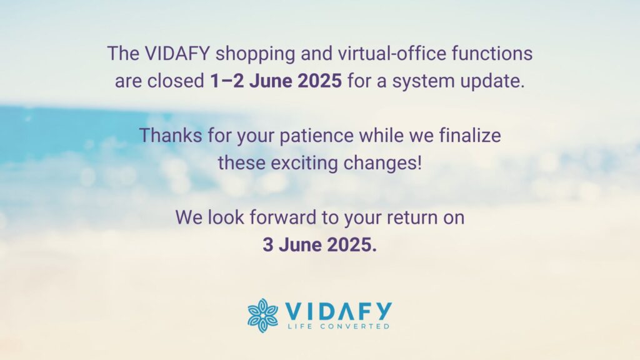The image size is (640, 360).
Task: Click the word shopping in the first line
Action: point(255,54)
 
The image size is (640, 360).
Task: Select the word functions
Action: point(492,54)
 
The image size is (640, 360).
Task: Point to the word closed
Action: point(176,81)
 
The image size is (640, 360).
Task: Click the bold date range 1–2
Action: point(227,81)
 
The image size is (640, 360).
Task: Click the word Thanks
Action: point(171,135)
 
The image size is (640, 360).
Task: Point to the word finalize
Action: point(470,135)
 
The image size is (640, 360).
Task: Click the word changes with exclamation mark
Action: point(382,163)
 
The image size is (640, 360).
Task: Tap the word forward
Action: point(283,217)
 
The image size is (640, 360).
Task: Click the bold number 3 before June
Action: point(267,244)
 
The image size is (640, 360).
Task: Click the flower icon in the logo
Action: point(263,315)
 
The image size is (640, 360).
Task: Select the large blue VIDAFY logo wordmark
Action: point(338,311)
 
